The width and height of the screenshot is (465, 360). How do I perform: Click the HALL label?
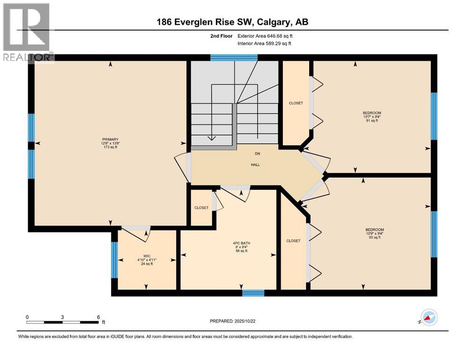(x=255, y=165)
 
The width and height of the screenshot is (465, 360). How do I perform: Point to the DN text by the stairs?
(x=257, y=154)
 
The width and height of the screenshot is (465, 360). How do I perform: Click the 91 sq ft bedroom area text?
(x=371, y=121)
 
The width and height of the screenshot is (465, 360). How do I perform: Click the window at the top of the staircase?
(x=234, y=58)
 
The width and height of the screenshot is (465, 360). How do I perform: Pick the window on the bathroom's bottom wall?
(x=253, y=293)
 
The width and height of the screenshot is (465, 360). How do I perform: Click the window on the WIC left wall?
(x=114, y=259)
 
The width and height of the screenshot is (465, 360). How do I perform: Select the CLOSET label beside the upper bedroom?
(x=295, y=103)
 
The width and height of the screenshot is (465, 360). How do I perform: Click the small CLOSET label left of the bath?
(x=201, y=208)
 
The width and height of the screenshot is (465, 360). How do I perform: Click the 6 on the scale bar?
(x=98, y=317)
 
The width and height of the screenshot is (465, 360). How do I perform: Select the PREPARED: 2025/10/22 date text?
(x=235, y=321)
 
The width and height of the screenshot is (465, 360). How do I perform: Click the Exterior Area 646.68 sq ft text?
(x=267, y=36)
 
